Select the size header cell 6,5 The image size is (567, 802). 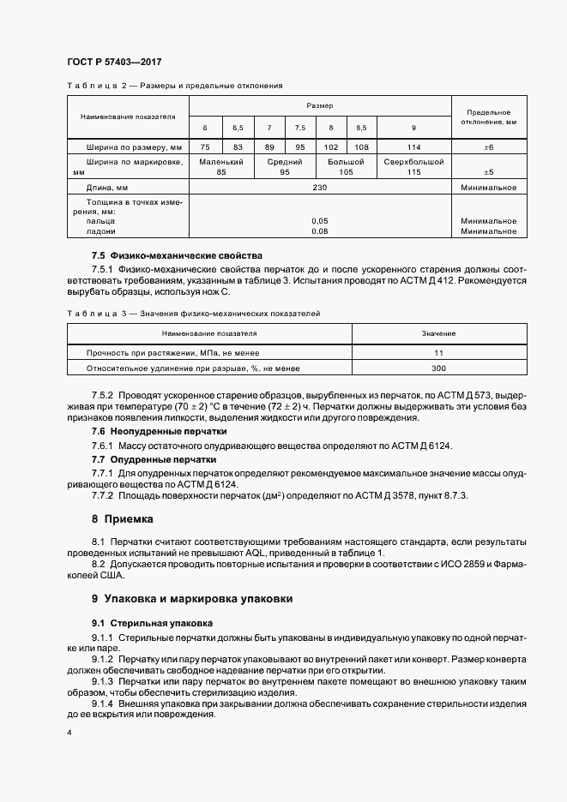(x=238, y=128)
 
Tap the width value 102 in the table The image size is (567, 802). (x=330, y=147)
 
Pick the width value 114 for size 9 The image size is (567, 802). (x=413, y=147)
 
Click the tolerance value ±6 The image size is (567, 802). (x=488, y=147)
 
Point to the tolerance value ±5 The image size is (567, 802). (x=488, y=172)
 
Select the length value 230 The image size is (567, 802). (x=320, y=188)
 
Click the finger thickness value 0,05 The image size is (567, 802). (x=320, y=220)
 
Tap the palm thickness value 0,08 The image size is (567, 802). (x=320, y=230)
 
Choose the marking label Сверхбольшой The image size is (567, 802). (x=413, y=162)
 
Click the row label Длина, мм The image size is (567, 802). (x=107, y=188)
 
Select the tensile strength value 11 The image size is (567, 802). (x=438, y=352)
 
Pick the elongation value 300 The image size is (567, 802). (x=438, y=368)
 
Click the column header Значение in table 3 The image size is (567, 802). (x=438, y=332)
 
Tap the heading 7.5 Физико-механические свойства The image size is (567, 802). (x=177, y=255)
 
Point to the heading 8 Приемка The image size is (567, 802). (x=122, y=518)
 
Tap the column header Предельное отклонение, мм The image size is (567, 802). (x=488, y=117)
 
